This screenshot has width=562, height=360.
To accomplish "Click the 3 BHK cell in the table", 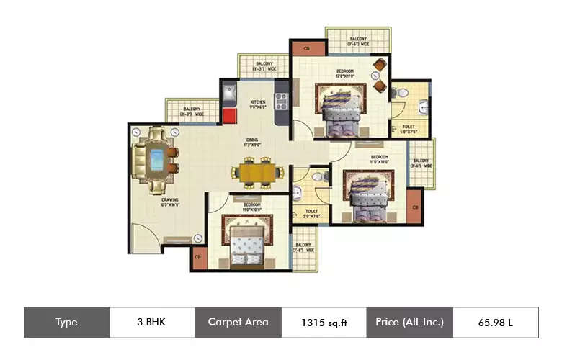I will click(152, 322).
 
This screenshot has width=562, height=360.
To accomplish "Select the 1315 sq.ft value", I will click(324, 323).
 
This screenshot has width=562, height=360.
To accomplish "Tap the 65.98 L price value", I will click(495, 323).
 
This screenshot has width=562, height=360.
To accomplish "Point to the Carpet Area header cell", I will click(238, 322).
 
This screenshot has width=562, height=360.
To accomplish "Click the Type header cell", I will click(66, 322).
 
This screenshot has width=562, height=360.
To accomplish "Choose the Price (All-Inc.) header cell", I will click(409, 322).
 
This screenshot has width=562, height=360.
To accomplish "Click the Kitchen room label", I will click(258, 104).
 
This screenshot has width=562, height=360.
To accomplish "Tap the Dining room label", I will click(251, 143).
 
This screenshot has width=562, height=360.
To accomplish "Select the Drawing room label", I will click(170, 203).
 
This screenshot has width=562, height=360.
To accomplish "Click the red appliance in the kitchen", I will click(230, 117).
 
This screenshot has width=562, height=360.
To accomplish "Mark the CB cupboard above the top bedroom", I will click(306, 49).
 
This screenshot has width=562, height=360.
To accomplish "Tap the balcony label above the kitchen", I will click(264, 66).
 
